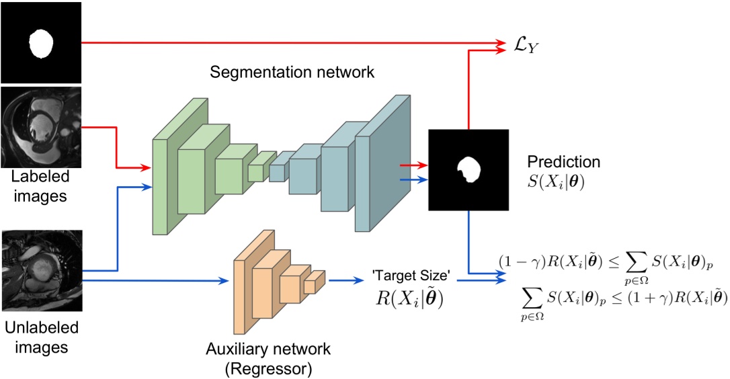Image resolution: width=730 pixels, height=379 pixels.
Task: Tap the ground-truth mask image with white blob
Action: [x=40, y=42]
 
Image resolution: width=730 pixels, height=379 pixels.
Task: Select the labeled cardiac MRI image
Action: [x=40, y=128]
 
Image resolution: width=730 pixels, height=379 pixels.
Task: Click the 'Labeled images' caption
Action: [x=40, y=187]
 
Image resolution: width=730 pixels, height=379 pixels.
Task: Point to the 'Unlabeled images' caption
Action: [x=40, y=337]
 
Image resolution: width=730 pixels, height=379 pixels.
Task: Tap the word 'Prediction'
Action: [x=563, y=163]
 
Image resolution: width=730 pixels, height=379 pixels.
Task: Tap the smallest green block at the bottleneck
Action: [x=256, y=171]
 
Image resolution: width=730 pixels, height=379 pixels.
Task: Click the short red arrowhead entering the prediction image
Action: [x=422, y=164]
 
